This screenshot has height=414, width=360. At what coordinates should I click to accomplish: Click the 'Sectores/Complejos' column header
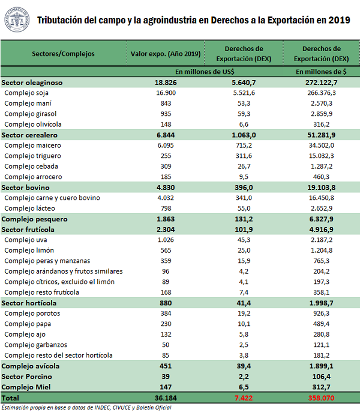[63, 53]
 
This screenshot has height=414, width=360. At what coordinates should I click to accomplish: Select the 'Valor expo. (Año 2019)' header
[164, 53]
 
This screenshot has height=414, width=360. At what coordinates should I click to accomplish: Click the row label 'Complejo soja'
[26, 93]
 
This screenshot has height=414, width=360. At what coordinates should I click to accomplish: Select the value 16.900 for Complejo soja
[164, 93]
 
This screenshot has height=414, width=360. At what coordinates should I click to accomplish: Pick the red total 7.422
[244, 398]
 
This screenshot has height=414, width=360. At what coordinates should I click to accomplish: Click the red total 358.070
[321, 398]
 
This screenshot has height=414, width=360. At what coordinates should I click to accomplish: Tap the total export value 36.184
[164, 398]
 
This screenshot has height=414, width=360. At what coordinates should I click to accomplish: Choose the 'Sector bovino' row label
[25, 188]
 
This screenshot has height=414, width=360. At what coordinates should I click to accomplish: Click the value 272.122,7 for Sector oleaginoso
[321, 82]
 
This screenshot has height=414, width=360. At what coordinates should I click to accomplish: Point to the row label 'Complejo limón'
[29, 250]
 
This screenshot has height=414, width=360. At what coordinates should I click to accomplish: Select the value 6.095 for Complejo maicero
[164, 145]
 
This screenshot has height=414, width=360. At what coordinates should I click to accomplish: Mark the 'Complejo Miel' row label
[25, 387]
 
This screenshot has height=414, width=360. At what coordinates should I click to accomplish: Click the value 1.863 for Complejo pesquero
[164, 219]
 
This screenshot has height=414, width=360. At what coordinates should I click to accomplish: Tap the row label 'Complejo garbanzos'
[35, 345]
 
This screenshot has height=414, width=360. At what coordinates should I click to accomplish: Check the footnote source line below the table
[84, 408]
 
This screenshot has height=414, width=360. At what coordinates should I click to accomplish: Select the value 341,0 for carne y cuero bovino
[244, 198]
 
